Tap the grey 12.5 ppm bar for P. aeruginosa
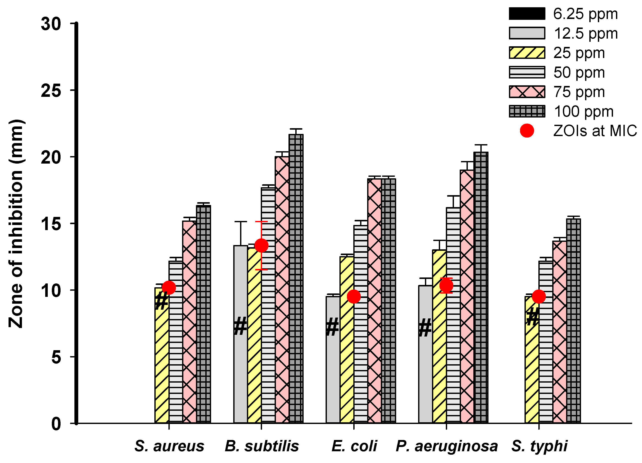(425, 368)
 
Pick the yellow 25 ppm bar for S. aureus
(162, 368)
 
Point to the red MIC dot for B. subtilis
(261, 245)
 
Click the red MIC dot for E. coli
(354, 296)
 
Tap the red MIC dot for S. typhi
(538, 296)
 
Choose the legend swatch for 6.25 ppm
(527, 14)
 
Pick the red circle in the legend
(527, 131)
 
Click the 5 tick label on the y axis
(56, 357)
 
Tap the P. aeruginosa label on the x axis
(447, 446)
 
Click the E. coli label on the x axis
(354, 446)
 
